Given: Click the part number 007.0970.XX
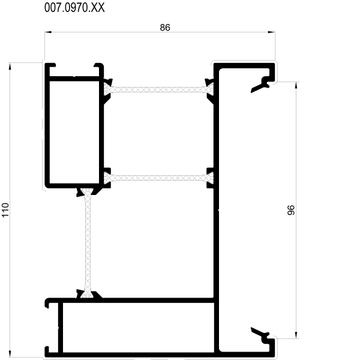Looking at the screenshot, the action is tap(74, 8).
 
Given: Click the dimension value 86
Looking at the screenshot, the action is tap(165, 28).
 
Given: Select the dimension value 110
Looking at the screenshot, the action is tap(5, 209).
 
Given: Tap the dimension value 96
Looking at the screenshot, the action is tap(291, 210).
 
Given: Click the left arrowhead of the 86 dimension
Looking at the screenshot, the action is tap(48, 32).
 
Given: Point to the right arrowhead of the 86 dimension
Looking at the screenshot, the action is tap(272, 32).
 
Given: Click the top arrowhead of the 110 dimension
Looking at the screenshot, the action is tap(10, 66).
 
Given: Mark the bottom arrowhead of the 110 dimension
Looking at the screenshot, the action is tap(10, 353).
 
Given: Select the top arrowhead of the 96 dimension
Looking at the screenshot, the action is tap(296, 85).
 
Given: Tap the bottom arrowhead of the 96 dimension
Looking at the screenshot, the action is tap(296, 335).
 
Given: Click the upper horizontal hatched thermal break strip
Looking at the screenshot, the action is tap(159, 89).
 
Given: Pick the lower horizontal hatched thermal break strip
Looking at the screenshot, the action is tap(159, 178).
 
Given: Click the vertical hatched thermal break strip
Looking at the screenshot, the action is tap(88, 243).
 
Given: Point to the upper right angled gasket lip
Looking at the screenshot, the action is tap(260, 85).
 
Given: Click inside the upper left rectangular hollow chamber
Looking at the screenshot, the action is tap(74, 132).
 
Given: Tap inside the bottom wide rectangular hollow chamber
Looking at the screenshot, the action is tap(139, 328).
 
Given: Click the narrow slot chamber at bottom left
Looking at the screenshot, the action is tap(54, 328).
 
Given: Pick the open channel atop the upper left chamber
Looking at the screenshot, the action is tap(74, 71).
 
